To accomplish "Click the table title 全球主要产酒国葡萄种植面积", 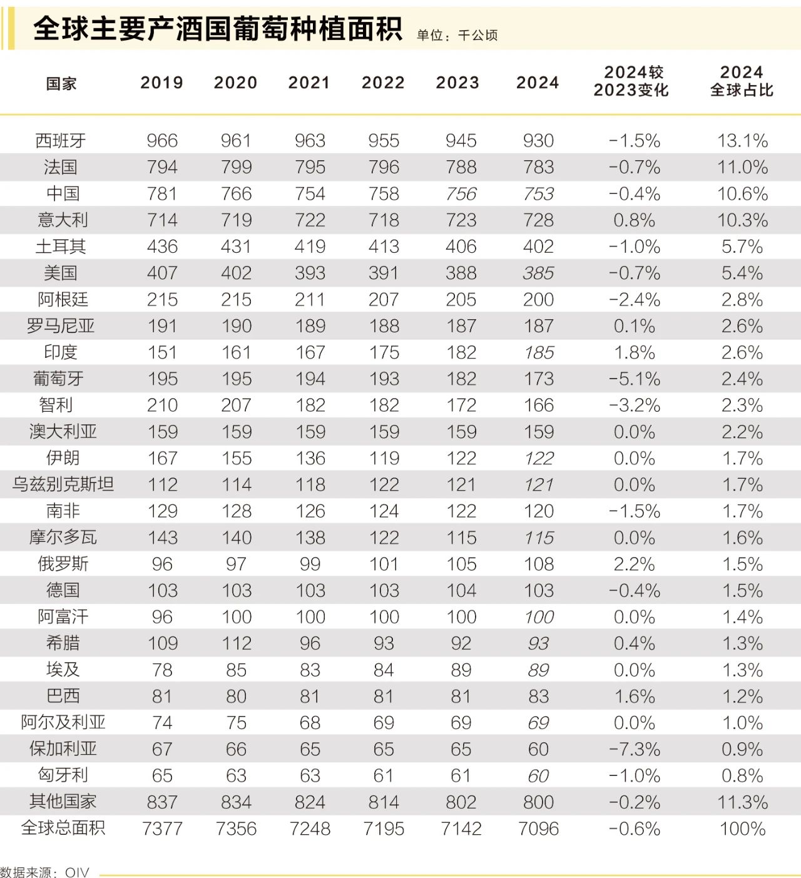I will pyautogui.click(x=217, y=29).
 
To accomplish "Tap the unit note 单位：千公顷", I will pyautogui.click(x=457, y=36).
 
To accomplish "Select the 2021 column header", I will pyautogui.click(x=309, y=83).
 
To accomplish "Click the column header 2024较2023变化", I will pyautogui.click(x=631, y=81).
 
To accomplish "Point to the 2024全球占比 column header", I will pyautogui.click(x=742, y=81).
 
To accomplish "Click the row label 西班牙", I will pyautogui.click(x=61, y=141).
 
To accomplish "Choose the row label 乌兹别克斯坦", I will pyautogui.click(x=63, y=484).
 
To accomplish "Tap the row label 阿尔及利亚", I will pyautogui.click(x=63, y=722).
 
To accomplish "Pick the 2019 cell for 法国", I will pyautogui.click(x=162, y=167).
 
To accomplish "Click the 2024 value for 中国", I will pyautogui.click(x=538, y=194).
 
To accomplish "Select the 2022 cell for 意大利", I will pyautogui.click(x=384, y=220).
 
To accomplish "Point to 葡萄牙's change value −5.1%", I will pyautogui.click(x=635, y=379).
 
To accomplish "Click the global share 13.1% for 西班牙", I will pyautogui.click(x=742, y=141).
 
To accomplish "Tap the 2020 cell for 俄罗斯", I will pyautogui.click(x=236, y=564).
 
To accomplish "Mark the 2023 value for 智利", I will pyautogui.click(x=461, y=406).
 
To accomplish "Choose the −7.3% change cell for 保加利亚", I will pyautogui.click(x=635, y=749).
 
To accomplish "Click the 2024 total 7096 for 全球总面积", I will pyautogui.click(x=538, y=829).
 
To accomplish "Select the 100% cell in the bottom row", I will pyautogui.click(x=742, y=829).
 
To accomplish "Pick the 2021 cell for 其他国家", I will pyautogui.click(x=310, y=802).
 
